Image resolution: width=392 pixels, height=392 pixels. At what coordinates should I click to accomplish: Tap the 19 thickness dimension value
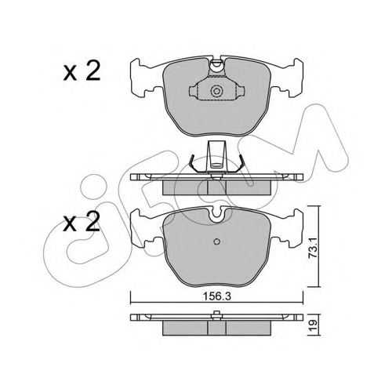[314, 325]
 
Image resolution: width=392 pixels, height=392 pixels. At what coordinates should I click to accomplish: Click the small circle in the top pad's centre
[216, 91]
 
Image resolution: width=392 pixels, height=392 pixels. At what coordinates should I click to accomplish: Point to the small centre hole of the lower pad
[216, 241]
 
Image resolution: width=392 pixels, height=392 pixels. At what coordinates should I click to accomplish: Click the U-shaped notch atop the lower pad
[216, 212]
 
